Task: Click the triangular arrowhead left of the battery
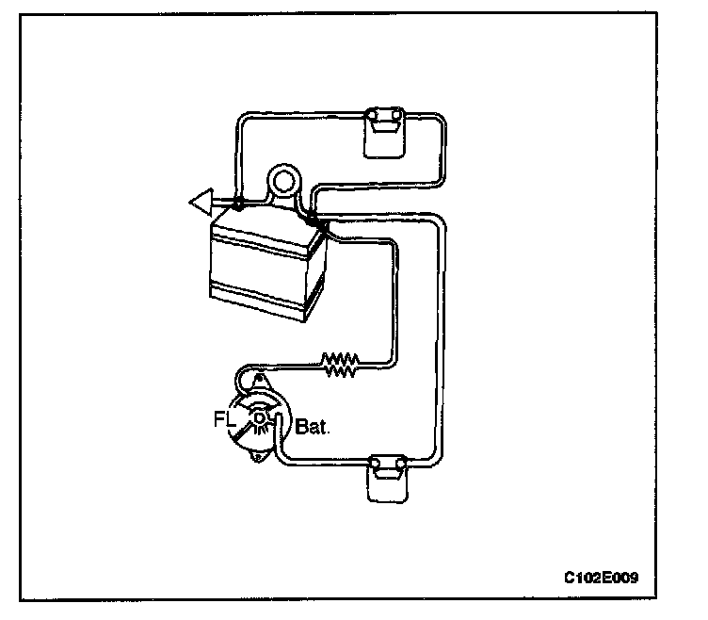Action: click(x=199, y=201)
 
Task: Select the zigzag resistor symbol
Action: click(x=340, y=365)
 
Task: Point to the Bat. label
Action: click(x=311, y=426)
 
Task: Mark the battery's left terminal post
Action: click(x=238, y=204)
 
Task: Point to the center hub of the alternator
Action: click(x=259, y=416)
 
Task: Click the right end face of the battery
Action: click(x=318, y=273)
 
